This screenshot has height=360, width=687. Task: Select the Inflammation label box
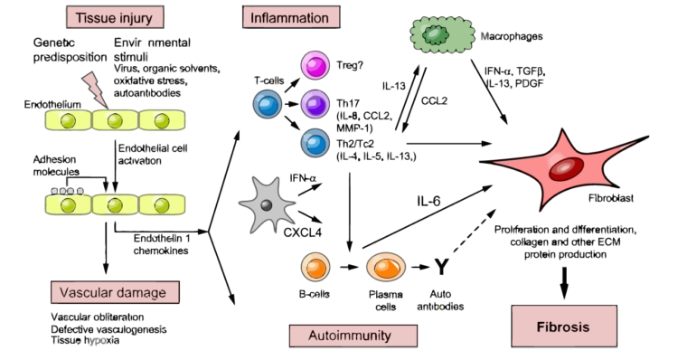290,16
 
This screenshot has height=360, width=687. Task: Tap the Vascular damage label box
114,292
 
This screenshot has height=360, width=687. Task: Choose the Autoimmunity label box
353,336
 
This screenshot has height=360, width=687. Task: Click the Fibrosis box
564,326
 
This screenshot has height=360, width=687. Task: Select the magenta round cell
316,67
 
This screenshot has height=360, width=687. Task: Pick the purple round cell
316,103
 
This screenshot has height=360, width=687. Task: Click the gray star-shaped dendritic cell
268,204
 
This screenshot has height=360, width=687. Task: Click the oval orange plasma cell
386,267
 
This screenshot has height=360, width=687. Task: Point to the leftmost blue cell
267,104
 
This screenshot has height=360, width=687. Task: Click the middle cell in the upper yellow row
114,119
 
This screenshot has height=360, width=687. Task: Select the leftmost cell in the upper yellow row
68,119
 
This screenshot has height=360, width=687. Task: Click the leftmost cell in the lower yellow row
68,205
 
